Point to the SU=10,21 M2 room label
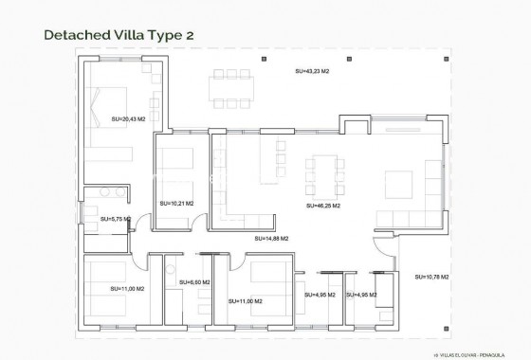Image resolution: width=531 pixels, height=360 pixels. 176,203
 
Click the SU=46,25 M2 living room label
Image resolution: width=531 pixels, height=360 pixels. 323,205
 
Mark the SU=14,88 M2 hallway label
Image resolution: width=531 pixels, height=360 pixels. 271,239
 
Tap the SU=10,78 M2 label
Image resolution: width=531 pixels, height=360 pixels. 431,277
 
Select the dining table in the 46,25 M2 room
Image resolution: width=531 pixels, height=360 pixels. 324,174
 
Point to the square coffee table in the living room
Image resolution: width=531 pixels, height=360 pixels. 399,180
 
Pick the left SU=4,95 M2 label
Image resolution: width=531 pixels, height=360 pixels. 320,295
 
